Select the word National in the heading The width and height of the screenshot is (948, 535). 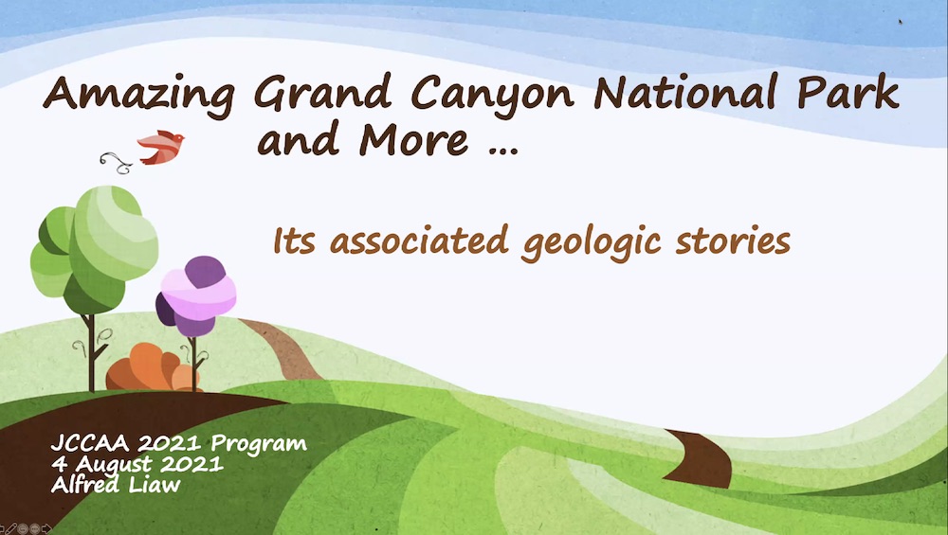coord(685,92)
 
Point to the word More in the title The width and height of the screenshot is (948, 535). coord(413,139)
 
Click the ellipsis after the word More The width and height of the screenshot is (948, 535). coord(503,151)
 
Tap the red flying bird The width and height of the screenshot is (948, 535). coord(161,147)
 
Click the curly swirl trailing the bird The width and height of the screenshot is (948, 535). coord(116,163)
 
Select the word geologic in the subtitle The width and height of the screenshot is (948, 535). coord(592,242)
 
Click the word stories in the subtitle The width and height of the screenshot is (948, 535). coord(733,240)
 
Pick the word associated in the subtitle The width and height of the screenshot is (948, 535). coord(418,240)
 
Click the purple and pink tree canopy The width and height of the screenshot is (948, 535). coord(196,295)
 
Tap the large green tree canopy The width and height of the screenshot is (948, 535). coord(94,249)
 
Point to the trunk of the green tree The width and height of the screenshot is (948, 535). coord(91,353)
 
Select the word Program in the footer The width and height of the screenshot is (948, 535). coord(259,444)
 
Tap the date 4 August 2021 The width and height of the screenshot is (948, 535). coord(137,464)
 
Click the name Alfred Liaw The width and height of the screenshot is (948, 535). coord(116,484)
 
